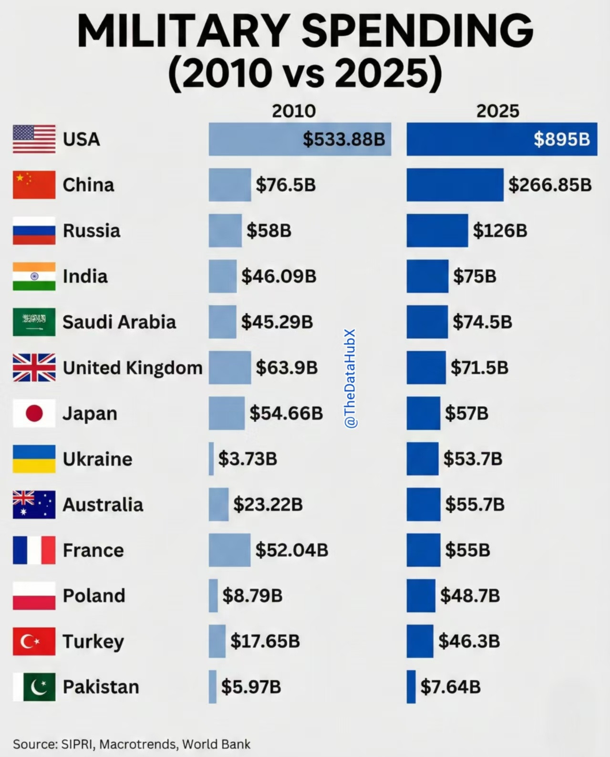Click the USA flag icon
34,139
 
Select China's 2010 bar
229,185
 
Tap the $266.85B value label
550,185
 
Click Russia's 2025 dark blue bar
437,230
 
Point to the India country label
85,276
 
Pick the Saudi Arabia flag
34,322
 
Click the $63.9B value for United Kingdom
287,368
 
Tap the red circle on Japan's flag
34,413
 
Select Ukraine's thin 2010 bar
211,459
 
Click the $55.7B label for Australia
475,504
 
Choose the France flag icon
34,550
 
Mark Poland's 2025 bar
421,595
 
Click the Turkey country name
93,642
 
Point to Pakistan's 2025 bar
411,687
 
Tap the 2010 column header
294,111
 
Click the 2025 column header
497,111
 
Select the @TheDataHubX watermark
351,378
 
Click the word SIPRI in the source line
78,744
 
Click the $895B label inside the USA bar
561,139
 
